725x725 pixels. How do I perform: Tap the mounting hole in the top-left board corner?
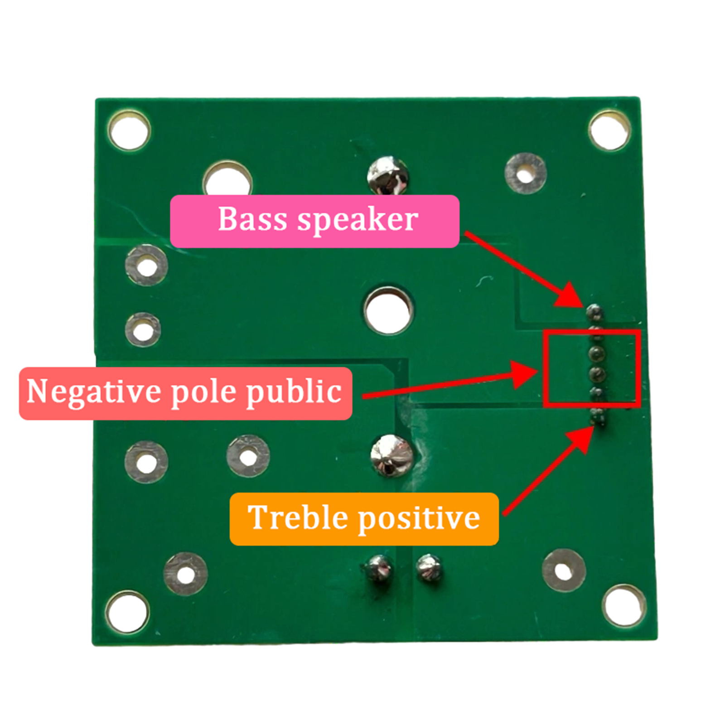129,130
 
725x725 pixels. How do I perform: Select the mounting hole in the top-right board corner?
609,130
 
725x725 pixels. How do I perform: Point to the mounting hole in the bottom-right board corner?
624,606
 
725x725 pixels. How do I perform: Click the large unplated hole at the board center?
388,310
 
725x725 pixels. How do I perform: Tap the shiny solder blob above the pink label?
387,175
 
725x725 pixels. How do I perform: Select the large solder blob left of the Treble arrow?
392,456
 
